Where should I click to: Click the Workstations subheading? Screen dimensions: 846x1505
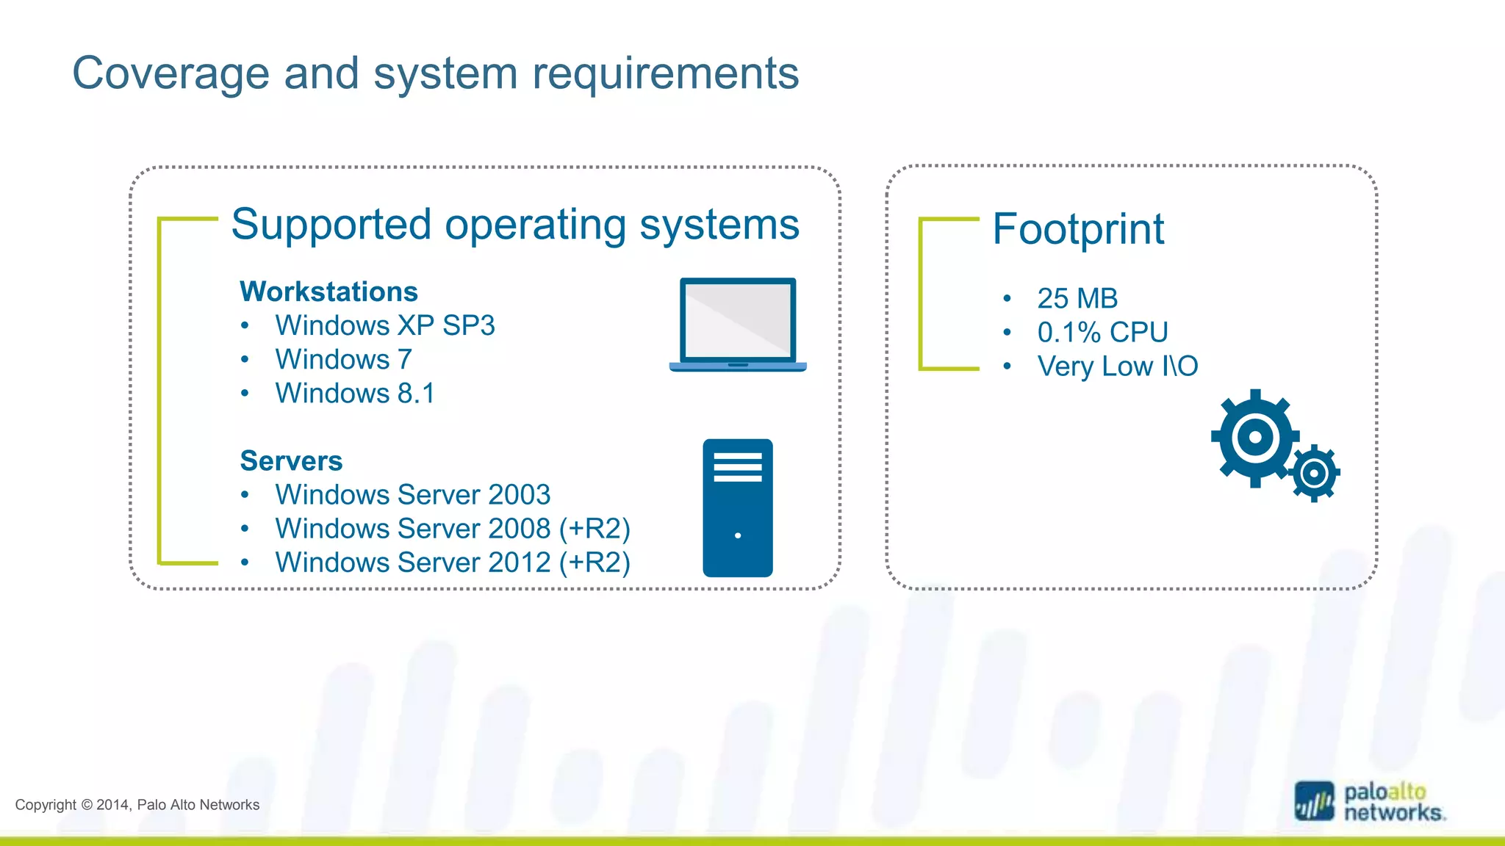pos(328,292)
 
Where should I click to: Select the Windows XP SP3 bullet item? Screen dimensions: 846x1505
pos(384,325)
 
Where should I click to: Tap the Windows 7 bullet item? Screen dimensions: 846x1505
pos(343,359)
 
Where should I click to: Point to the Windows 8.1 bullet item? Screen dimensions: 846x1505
pos(355,393)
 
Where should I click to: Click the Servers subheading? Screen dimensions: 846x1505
pos(291,460)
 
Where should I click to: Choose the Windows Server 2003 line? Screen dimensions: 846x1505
pos(412,494)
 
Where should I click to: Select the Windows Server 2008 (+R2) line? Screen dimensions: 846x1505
pos(453,528)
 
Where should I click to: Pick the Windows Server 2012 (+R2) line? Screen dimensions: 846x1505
pos(453,562)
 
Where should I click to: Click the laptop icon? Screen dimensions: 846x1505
pos(738,324)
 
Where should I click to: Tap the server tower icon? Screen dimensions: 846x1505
pos(737,507)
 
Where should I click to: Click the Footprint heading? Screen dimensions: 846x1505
pos(1078,229)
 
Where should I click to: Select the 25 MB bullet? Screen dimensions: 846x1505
pos(1077,298)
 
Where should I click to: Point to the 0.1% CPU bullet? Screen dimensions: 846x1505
pos(1102,332)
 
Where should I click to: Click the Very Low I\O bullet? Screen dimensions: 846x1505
pos(1117,366)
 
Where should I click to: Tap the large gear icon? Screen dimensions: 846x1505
pos(1254,438)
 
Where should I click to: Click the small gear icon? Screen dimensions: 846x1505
pos(1315,474)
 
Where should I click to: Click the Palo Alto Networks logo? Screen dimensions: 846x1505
pos(1370,801)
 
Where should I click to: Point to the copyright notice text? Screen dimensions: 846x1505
pos(137,805)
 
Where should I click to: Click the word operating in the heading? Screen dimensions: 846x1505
pos(534,225)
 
